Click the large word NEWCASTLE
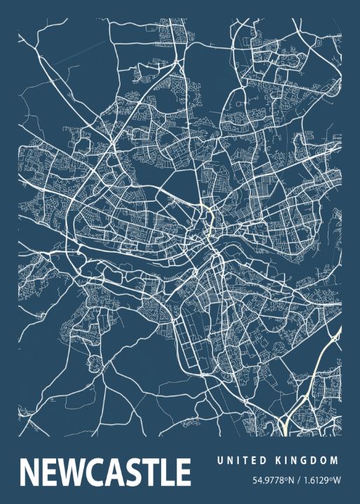(x=106, y=472)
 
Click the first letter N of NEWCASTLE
(x=32, y=472)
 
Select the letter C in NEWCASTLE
(x=97, y=472)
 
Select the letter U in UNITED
(x=220, y=460)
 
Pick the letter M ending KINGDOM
(x=334, y=460)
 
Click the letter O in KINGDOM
(x=324, y=460)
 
